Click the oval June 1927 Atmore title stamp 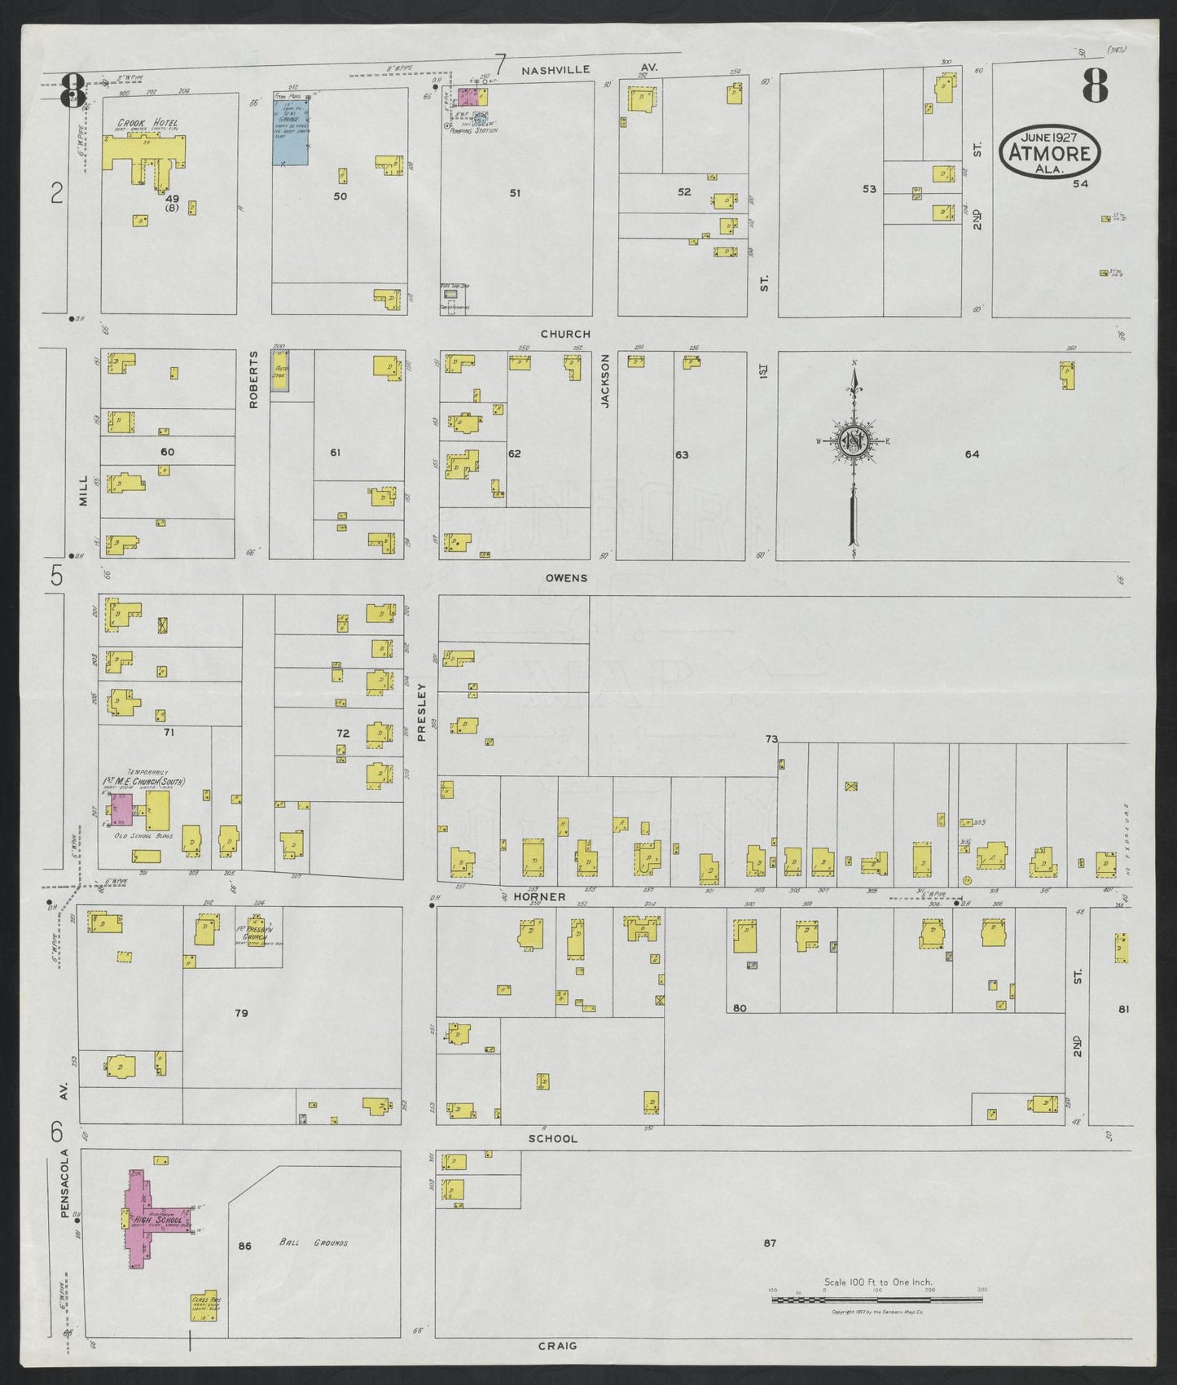1051,151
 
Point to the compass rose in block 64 854,441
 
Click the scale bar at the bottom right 876,1299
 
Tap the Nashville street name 556,71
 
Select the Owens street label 566,578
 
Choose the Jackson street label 605,380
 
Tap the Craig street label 558,1346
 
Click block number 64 972,454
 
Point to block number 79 241,1013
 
